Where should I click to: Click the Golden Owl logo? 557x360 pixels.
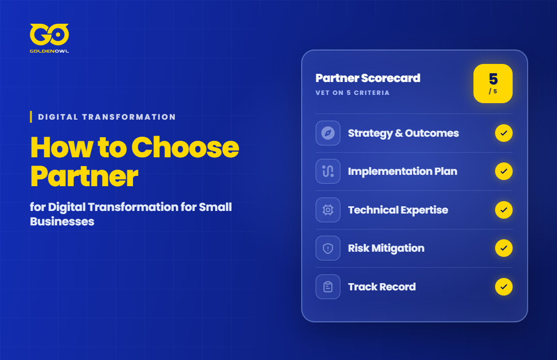click(50, 38)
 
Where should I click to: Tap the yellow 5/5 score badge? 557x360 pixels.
click(493, 84)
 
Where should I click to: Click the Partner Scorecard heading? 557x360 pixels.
click(368, 78)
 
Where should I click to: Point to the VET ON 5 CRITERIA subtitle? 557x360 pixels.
click(352, 93)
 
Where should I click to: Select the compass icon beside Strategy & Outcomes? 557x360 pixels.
click(328, 133)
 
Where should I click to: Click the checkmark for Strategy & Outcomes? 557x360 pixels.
click(504, 133)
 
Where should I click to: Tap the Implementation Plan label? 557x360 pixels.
click(402, 171)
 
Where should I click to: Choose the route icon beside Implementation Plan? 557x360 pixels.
click(328, 171)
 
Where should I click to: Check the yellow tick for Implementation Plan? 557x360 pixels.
click(504, 171)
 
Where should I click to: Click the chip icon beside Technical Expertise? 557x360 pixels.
click(328, 210)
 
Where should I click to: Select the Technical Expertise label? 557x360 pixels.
click(398, 210)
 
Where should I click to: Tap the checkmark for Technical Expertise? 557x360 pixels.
click(504, 210)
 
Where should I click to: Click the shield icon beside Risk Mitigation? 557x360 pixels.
click(328, 248)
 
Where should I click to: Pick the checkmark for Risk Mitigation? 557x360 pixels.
click(504, 248)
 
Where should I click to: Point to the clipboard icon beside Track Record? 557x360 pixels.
click(328, 287)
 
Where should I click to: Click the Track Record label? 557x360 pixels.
click(382, 287)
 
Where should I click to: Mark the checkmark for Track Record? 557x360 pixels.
click(504, 287)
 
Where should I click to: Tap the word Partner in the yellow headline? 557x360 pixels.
click(84, 176)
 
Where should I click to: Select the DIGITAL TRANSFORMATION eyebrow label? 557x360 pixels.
click(107, 117)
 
